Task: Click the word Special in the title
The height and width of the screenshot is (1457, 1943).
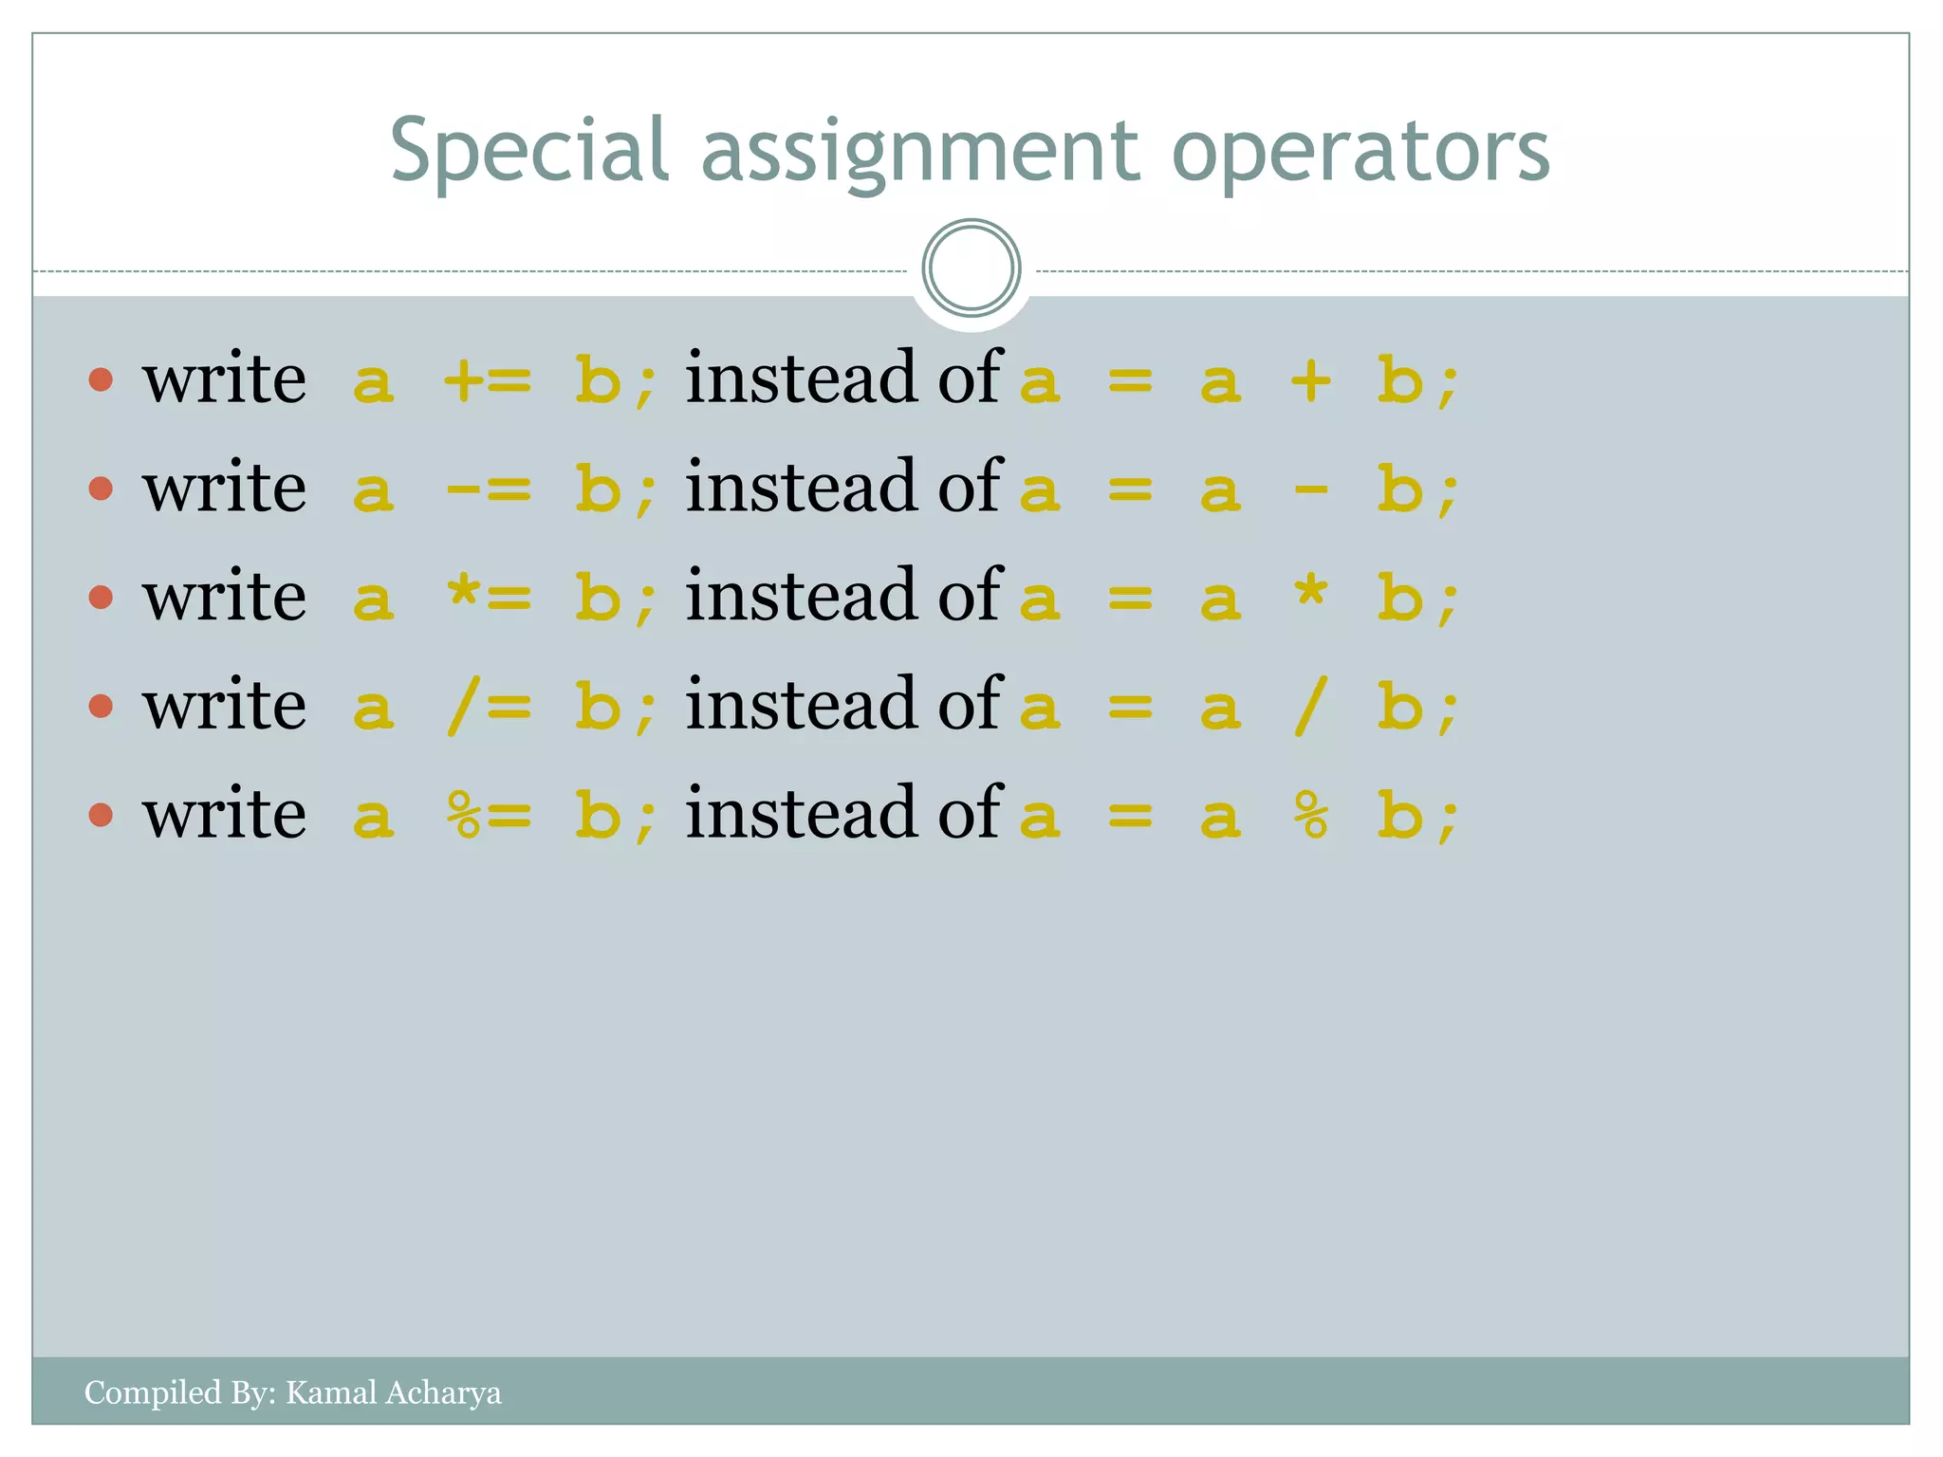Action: click(x=529, y=152)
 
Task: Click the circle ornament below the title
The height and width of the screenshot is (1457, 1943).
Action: click(x=971, y=268)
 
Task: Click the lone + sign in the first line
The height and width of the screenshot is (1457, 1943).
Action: click(x=1311, y=381)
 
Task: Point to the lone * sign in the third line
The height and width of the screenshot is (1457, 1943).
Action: click(x=1311, y=594)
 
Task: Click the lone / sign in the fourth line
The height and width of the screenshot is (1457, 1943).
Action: click(x=1309, y=707)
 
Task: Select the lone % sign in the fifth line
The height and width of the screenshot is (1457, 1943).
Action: click(x=1311, y=816)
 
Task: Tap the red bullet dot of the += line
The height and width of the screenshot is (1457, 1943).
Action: click(x=101, y=380)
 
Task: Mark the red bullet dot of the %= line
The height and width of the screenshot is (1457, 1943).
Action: click(x=101, y=815)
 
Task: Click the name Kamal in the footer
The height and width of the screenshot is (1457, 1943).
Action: click(x=331, y=1392)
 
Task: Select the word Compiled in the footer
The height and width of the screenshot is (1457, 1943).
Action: click(x=152, y=1392)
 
